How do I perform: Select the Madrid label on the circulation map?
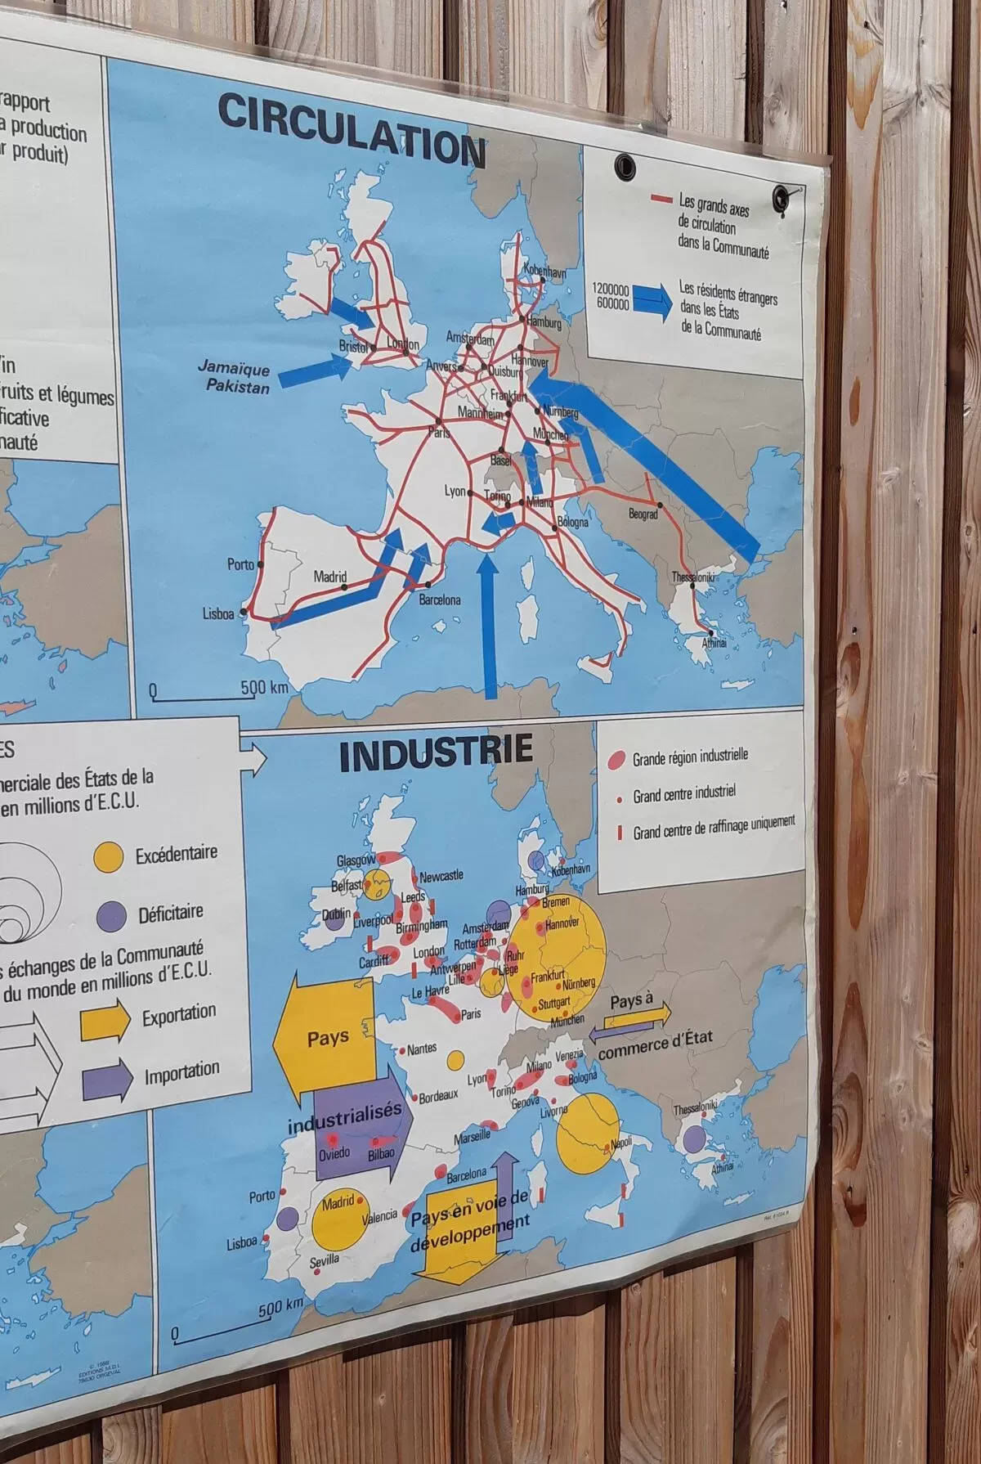[330, 577]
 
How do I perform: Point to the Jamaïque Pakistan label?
[235, 378]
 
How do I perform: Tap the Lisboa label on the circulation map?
[218, 614]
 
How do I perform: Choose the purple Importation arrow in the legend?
[106, 1077]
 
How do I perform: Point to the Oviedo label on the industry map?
[334, 1153]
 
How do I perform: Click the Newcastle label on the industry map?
[441, 876]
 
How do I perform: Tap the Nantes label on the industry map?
[422, 1049]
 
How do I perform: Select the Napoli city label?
[621, 1142]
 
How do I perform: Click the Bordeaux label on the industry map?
[438, 1097]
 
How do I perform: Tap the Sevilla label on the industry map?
[324, 1260]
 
